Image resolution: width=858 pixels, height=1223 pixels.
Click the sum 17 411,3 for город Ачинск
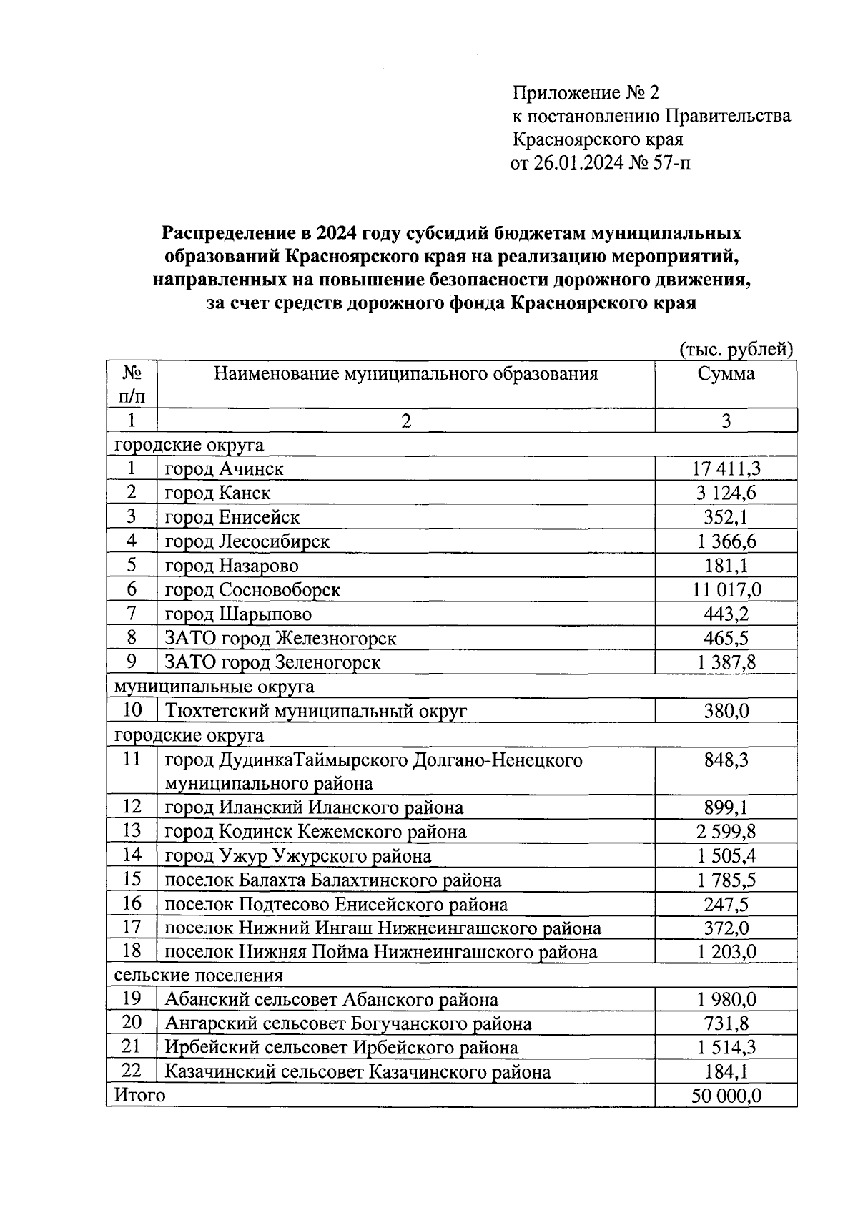pos(726,469)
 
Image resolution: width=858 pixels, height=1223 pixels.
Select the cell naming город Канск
pos(218,493)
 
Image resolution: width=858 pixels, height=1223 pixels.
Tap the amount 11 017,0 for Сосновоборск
pos(726,590)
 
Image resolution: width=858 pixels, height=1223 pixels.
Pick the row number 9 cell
pos(132,662)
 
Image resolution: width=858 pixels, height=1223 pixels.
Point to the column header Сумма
pos(726,374)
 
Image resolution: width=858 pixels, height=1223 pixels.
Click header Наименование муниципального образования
pos(405,374)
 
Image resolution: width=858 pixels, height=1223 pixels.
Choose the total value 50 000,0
pos(726,1096)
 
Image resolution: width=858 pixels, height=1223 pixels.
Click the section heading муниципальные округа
pos(214,687)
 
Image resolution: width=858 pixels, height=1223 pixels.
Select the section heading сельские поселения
pos(199,976)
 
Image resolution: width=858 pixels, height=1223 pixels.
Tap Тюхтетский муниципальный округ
pos(315,712)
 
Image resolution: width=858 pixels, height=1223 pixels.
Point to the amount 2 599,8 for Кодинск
pos(726,832)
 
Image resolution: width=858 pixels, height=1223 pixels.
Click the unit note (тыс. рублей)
pos(736,350)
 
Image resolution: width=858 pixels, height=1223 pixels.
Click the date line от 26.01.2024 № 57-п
pos(601,164)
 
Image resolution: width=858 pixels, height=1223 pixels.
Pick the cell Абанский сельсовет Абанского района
pos(331,1000)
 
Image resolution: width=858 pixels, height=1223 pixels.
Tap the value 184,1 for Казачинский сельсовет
pos(726,1072)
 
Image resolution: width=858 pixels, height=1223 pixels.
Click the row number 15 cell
pos(132,880)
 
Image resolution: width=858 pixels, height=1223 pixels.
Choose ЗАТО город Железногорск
pos(280,639)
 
